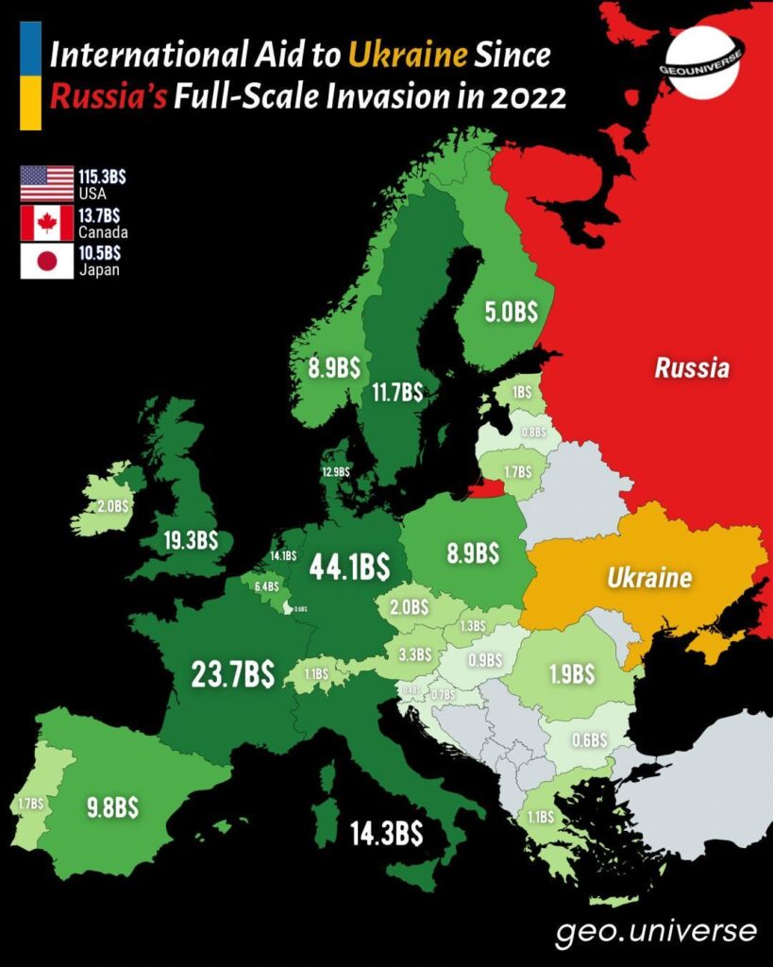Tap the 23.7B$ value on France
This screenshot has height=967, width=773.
(x=232, y=674)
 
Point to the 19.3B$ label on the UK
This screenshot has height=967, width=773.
(x=187, y=540)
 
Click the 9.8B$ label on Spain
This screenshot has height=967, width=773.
(x=112, y=807)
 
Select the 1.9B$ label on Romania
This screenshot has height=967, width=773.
(x=572, y=674)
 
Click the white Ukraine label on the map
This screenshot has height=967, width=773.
(x=648, y=578)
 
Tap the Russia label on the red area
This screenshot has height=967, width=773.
(x=692, y=367)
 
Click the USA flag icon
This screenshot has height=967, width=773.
(x=46, y=183)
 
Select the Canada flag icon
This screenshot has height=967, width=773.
(x=46, y=223)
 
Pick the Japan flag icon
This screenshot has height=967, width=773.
(x=46, y=262)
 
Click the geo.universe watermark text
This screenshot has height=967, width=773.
(x=655, y=931)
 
